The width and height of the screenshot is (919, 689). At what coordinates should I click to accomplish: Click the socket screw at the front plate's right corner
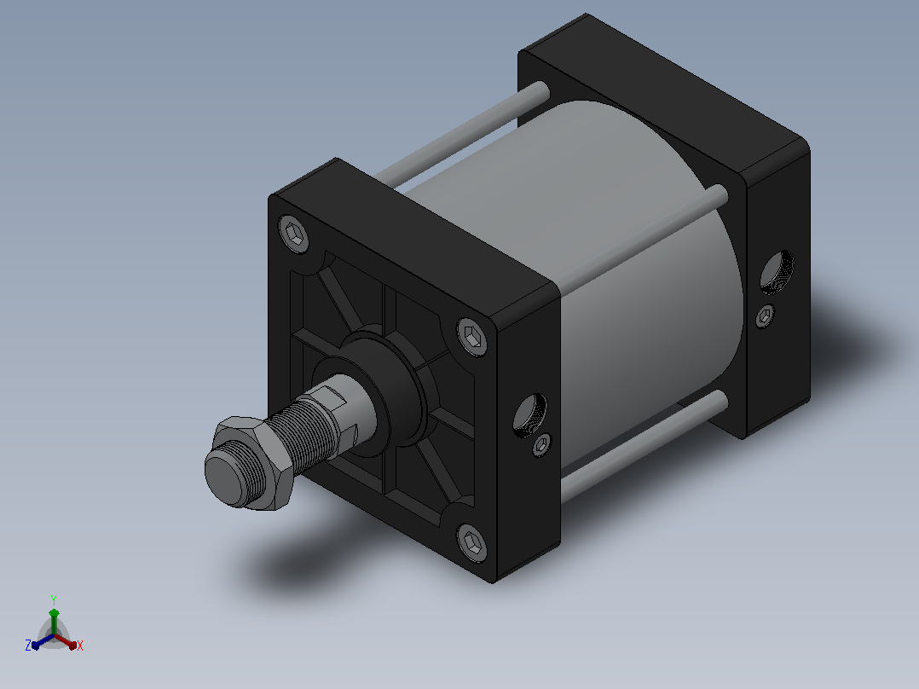click(x=472, y=337)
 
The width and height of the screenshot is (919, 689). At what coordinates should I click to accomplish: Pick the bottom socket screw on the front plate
click(x=472, y=543)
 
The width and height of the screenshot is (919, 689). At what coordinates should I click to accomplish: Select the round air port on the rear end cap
click(x=777, y=271)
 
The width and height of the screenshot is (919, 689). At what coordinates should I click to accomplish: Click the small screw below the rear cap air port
click(x=765, y=316)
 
